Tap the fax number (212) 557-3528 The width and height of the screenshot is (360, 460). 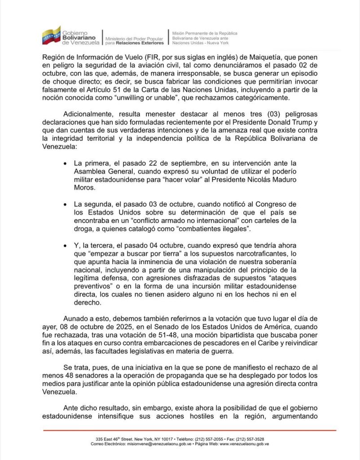249,439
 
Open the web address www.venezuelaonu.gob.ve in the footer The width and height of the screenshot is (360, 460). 245,444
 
